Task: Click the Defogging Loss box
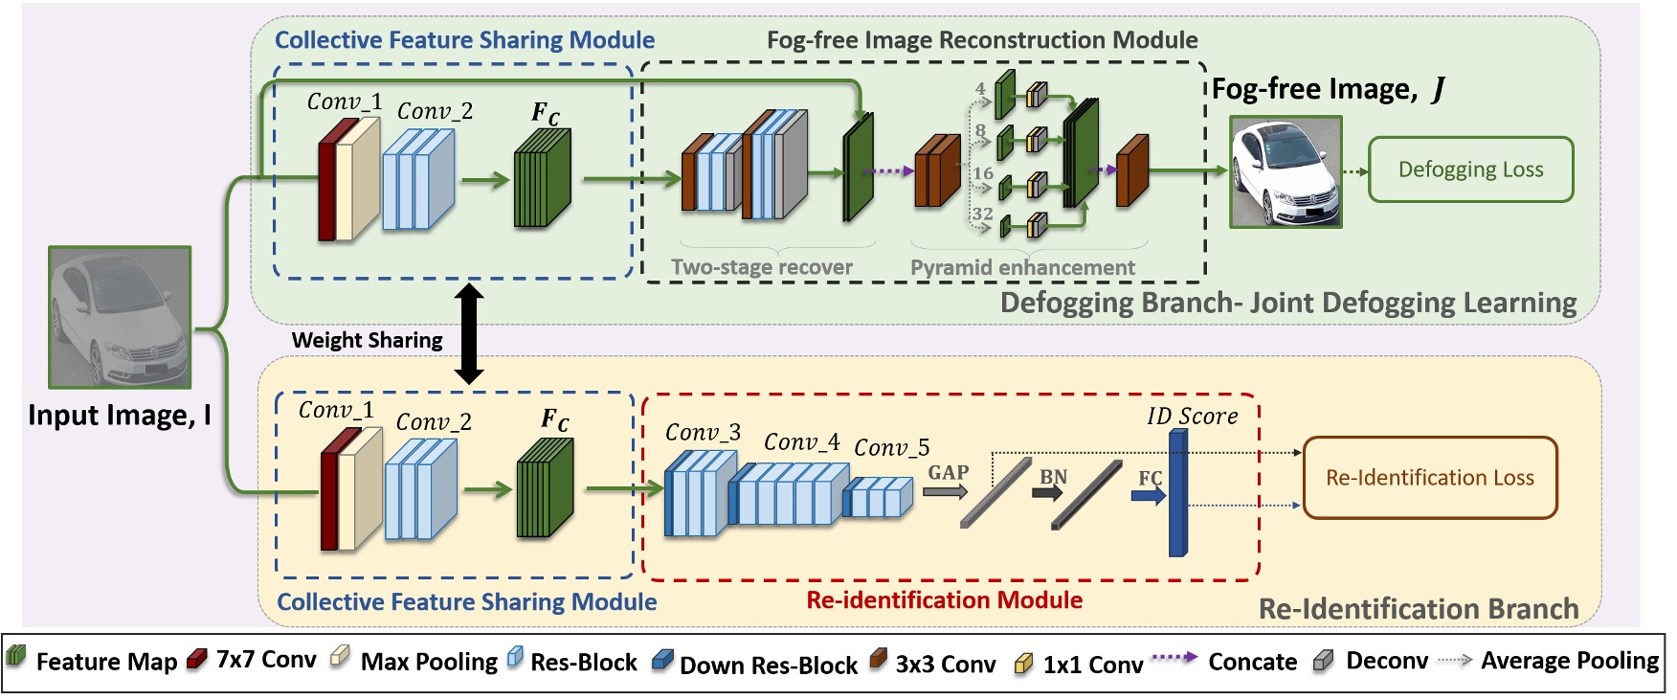(x=1470, y=169)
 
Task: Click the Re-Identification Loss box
(x=1430, y=478)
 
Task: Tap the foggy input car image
(x=121, y=317)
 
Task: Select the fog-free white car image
(x=1286, y=172)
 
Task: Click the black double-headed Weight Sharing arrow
(x=468, y=334)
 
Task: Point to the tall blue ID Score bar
(x=1178, y=492)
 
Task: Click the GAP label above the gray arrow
(x=948, y=472)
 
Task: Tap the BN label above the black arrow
(x=1053, y=476)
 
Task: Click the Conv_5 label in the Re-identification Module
(x=891, y=447)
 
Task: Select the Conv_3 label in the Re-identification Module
(x=703, y=433)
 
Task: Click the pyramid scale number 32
(x=982, y=214)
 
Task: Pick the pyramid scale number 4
(x=980, y=88)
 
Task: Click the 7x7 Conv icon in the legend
(x=197, y=659)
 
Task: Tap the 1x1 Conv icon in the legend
(x=1023, y=663)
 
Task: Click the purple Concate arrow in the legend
(x=1174, y=658)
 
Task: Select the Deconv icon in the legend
(x=1323, y=660)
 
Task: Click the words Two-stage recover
(x=761, y=267)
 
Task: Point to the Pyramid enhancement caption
(x=1022, y=267)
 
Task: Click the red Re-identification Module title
(x=944, y=600)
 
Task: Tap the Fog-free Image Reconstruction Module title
(x=982, y=40)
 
